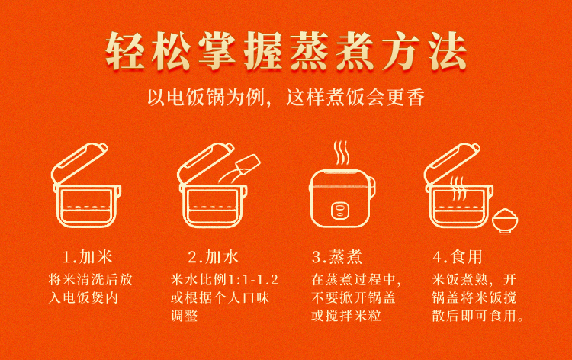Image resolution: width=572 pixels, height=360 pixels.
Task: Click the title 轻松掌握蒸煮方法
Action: click(x=286, y=51)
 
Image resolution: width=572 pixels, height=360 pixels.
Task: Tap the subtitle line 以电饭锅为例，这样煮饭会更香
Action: click(x=286, y=98)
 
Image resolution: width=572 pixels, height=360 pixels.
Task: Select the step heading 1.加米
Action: click(x=88, y=257)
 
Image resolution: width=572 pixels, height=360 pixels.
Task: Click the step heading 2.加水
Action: click(x=214, y=257)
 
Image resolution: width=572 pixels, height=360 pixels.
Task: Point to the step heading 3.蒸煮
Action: click(x=337, y=257)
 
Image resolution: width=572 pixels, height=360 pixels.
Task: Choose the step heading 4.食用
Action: click(x=458, y=257)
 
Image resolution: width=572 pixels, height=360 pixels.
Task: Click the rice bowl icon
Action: click(x=505, y=220)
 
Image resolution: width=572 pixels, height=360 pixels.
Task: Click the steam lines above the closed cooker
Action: click(x=342, y=153)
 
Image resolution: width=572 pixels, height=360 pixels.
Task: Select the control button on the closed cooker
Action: click(x=340, y=211)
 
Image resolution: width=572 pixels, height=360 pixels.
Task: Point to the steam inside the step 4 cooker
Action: click(x=458, y=188)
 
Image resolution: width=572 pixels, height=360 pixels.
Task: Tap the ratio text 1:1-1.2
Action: click(x=252, y=280)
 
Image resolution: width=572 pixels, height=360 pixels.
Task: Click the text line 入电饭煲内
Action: click(x=84, y=297)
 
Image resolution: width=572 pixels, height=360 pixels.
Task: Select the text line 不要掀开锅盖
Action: click(x=353, y=297)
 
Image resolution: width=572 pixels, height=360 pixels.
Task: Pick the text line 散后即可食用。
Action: click(x=477, y=316)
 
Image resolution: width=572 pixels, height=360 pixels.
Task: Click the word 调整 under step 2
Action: click(x=185, y=316)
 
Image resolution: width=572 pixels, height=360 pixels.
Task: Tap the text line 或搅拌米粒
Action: click(x=346, y=316)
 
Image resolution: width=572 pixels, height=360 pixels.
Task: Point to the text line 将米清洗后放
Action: click(x=91, y=280)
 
